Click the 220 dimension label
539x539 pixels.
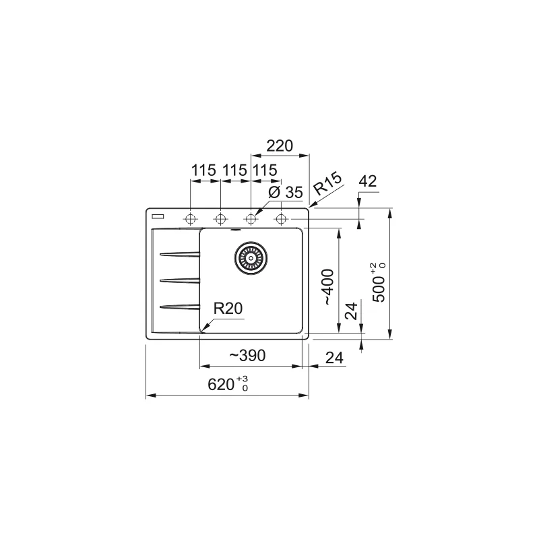[280, 146]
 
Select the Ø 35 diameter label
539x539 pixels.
[285, 193]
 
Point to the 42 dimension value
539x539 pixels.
[368, 181]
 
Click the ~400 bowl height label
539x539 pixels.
[329, 287]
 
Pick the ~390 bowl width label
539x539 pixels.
[247, 356]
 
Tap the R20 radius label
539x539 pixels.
[228, 309]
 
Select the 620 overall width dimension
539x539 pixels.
[228, 384]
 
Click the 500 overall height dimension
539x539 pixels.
[379, 282]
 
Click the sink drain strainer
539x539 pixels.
[251, 258]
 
